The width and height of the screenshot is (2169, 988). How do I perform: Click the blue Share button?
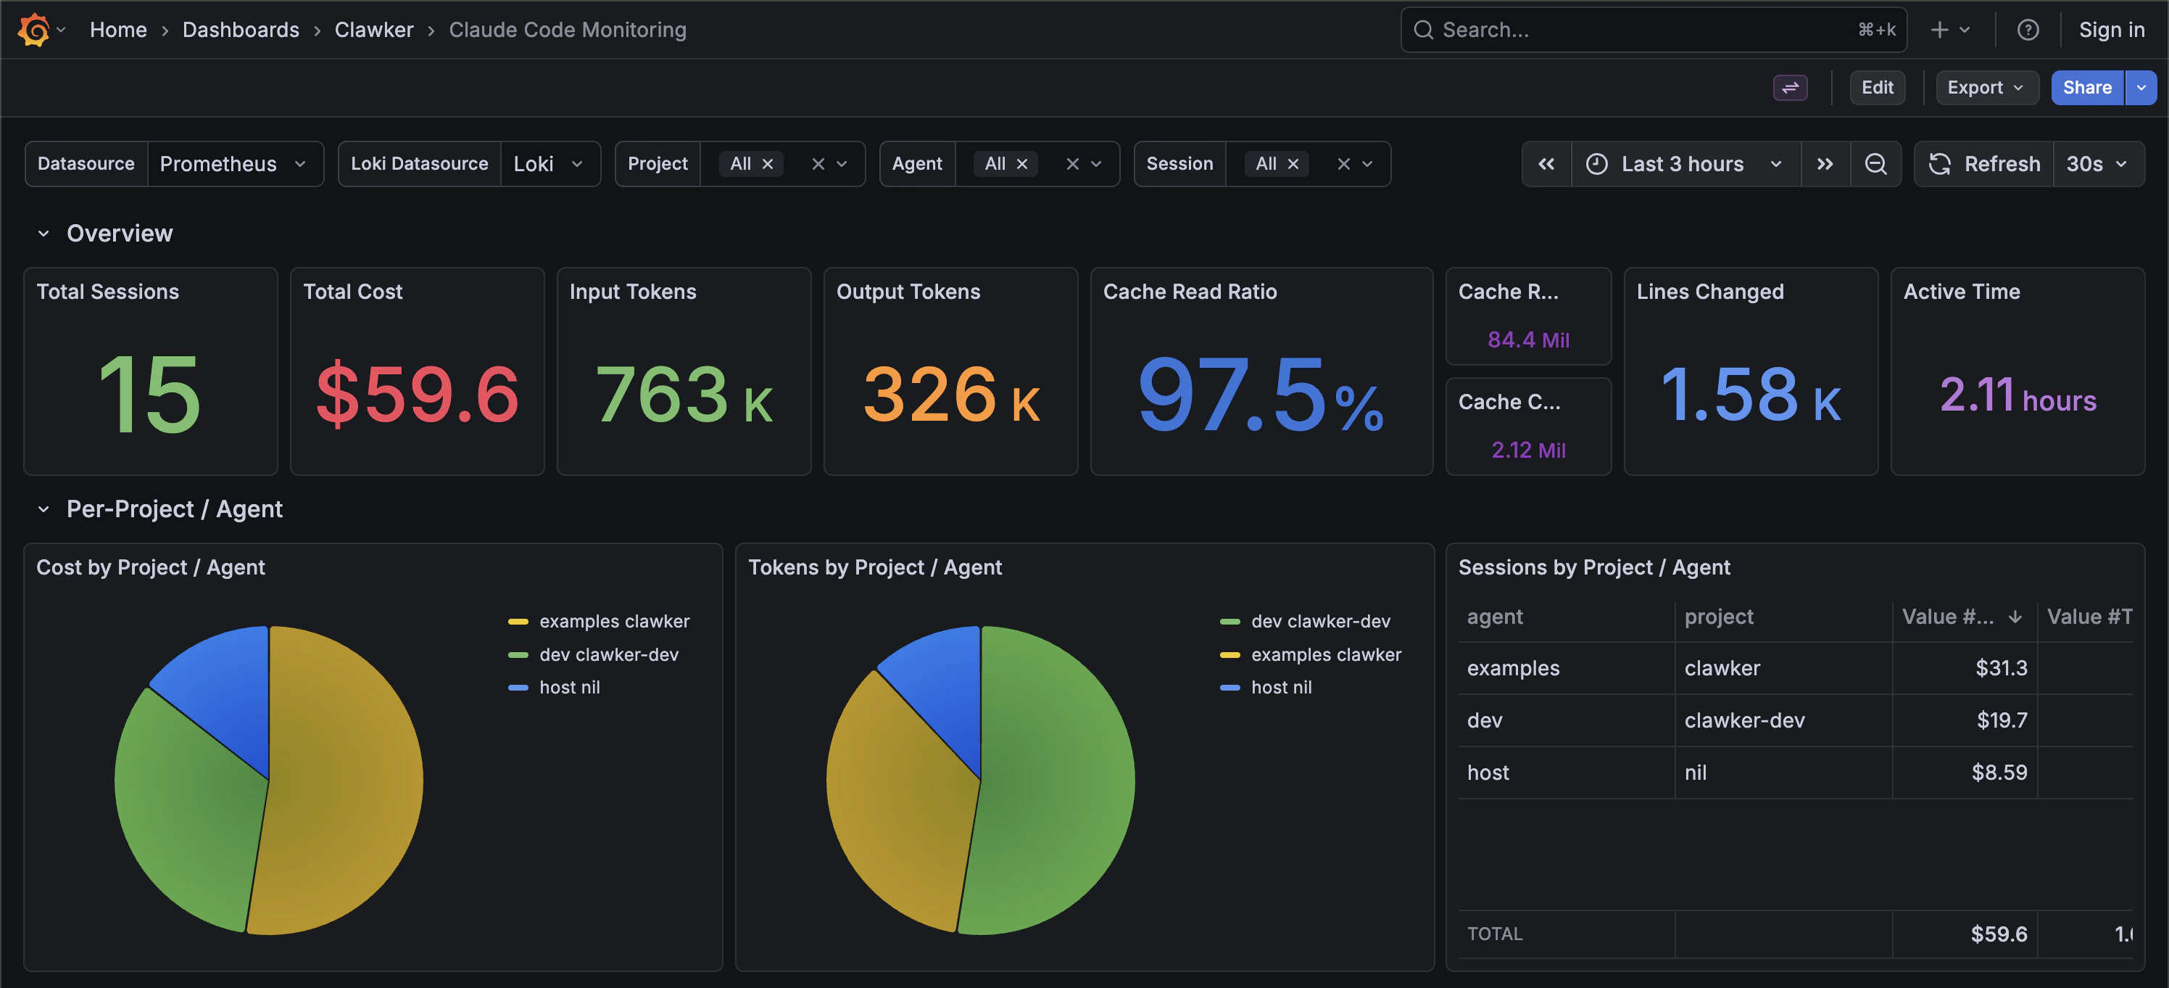click(x=2086, y=88)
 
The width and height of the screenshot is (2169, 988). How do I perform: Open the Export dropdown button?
click(x=1986, y=88)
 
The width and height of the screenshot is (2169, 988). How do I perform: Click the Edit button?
click(x=1876, y=88)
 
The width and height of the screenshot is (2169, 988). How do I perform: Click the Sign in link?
click(x=2111, y=30)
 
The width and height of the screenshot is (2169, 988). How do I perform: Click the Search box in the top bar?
click(x=1642, y=30)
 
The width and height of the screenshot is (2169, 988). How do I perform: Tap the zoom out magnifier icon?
click(x=1875, y=163)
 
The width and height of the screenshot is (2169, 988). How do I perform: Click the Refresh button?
click(x=1985, y=163)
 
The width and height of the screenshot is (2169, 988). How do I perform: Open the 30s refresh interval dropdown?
click(x=2097, y=163)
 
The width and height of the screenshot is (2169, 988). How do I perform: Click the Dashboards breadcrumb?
click(x=241, y=30)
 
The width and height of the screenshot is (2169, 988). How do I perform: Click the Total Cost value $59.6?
click(x=417, y=394)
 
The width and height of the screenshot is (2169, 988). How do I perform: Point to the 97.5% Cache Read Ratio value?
click(x=1260, y=394)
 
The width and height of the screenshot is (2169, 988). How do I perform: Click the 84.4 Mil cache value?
click(x=1527, y=339)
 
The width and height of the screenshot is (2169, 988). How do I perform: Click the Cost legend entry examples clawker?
click(x=614, y=621)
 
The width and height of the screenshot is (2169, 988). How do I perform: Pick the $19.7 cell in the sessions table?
click(x=2001, y=720)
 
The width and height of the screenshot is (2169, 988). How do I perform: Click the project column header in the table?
click(x=1719, y=617)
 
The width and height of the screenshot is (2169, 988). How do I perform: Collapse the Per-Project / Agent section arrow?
click(x=43, y=509)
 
